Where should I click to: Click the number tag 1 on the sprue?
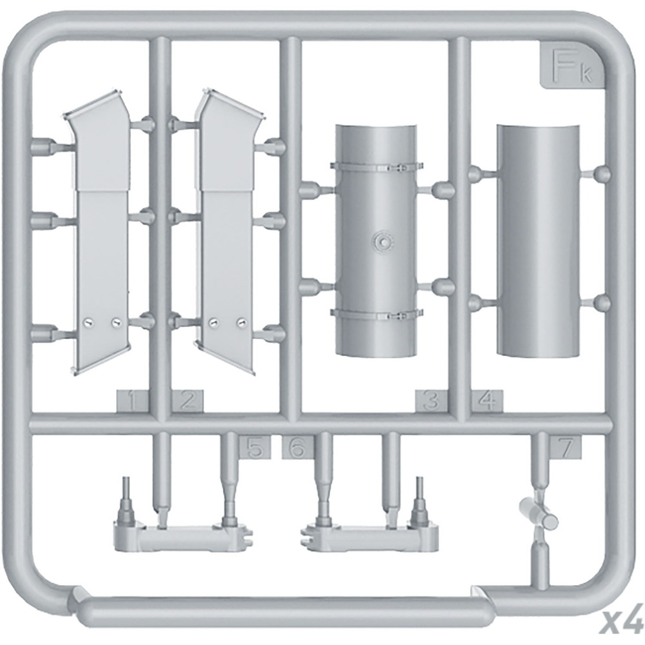[132, 401]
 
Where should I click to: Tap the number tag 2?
[188, 401]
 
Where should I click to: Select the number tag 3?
[431, 401]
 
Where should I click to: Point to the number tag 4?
[488, 401]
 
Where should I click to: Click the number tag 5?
[255, 447]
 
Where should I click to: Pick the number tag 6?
[297, 447]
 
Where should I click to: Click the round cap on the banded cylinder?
[382, 241]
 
